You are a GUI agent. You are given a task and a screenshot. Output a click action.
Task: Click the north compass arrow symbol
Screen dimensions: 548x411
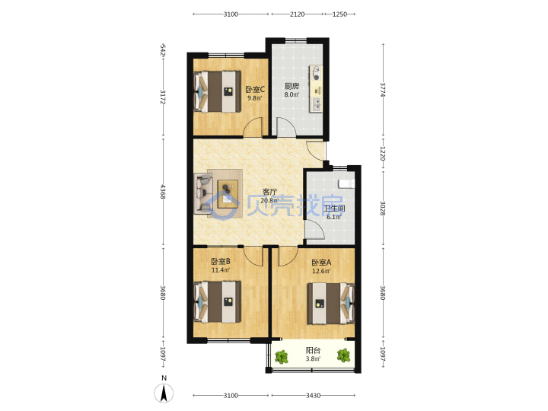[x=164, y=393]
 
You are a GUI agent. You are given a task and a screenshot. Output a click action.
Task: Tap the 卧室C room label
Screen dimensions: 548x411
[x=255, y=90]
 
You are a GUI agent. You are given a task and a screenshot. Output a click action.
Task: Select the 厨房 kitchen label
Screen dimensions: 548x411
[x=292, y=86]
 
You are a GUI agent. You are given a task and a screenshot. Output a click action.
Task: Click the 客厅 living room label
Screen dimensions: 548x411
[x=269, y=192]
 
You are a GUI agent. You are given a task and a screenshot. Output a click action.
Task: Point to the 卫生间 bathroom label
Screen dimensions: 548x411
[x=334, y=209]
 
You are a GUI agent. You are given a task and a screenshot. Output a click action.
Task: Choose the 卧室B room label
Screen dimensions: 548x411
[x=221, y=261]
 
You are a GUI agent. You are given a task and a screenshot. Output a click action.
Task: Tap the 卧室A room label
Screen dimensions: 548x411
[x=321, y=263]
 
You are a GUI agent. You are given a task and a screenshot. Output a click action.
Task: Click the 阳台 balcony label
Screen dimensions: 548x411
[x=313, y=350]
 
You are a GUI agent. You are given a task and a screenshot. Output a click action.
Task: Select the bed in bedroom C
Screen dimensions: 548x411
[x=218, y=92]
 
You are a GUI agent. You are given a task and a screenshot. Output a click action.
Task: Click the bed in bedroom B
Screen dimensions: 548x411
[x=218, y=302]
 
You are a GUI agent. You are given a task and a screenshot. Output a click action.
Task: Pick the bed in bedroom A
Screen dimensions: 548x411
[x=331, y=304]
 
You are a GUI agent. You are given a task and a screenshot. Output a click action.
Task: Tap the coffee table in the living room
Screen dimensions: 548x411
[x=228, y=194]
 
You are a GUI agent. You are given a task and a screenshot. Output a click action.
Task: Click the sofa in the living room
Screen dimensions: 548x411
[x=203, y=193]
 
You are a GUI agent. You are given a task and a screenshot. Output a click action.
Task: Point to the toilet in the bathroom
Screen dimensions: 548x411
[x=346, y=184]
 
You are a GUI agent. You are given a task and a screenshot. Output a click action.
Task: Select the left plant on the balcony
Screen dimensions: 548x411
[x=282, y=357]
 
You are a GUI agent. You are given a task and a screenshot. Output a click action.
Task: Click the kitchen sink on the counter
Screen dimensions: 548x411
[x=317, y=104]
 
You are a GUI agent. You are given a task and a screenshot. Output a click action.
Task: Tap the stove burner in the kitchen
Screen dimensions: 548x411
[x=317, y=73]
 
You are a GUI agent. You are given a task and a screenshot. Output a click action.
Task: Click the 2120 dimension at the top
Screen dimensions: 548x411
[x=297, y=14]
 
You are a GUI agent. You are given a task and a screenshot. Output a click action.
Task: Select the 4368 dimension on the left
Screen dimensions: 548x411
[x=163, y=192]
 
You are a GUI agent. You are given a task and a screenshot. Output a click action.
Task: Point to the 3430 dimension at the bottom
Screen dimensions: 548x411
[x=313, y=396]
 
